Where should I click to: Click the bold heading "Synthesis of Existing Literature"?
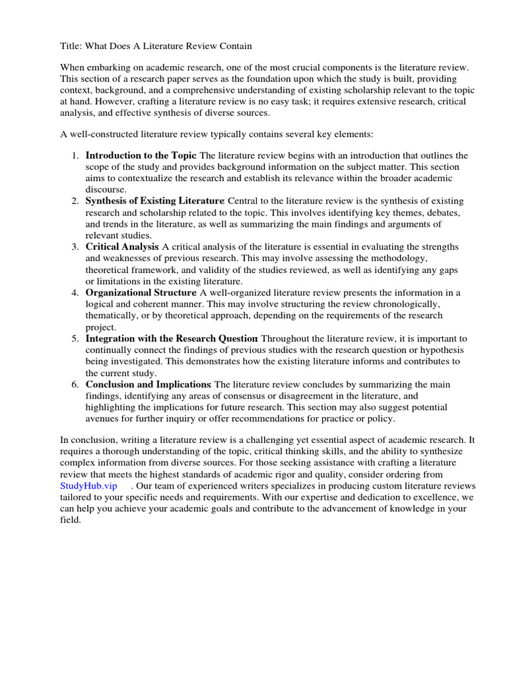point(155,200)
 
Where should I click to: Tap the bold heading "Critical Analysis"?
point(122,247)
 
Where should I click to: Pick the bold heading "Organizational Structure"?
point(141,292)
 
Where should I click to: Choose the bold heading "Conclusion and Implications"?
point(148,384)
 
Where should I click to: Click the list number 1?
point(74,155)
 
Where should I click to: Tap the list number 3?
point(74,247)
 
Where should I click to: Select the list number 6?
point(74,384)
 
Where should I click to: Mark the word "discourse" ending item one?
point(105,189)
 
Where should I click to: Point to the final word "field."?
point(70,520)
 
